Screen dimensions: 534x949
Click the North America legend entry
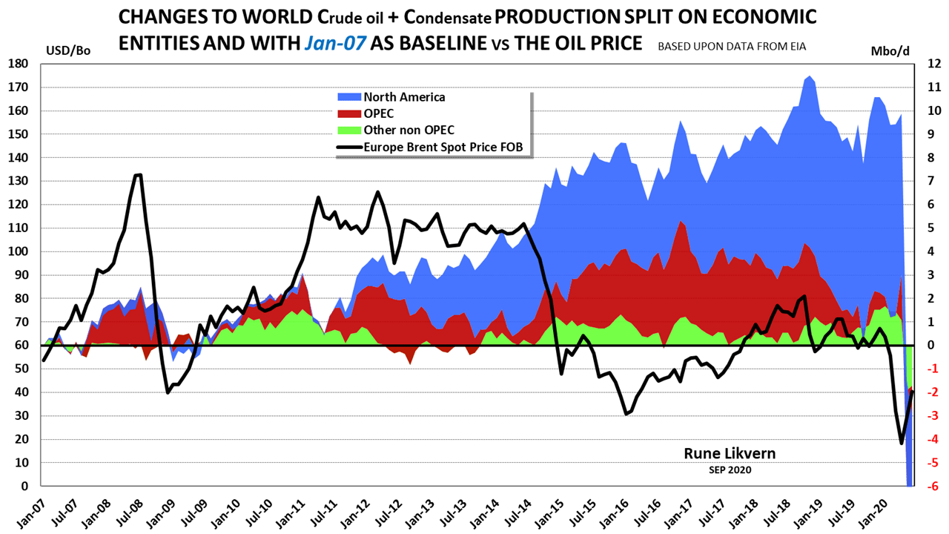(403, 97)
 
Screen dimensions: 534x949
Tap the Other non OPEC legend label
(409, 131)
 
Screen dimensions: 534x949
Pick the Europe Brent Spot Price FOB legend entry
(443, 147)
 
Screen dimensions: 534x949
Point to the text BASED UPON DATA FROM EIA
(732, 46)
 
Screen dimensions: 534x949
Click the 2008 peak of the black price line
(138, 175)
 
